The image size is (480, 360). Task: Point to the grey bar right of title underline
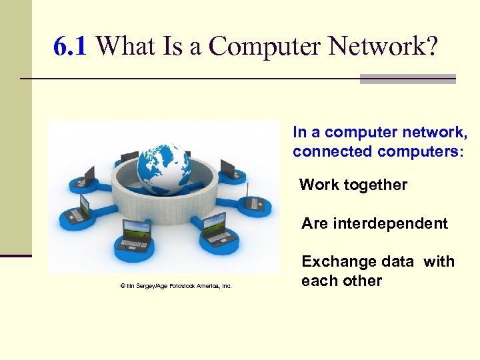[x=407, y=79]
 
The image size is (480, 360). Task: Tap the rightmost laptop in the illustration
[x=256, y=200]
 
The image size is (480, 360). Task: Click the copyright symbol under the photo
[x=123, y=286]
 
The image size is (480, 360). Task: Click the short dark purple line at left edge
[x=16, y=255]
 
